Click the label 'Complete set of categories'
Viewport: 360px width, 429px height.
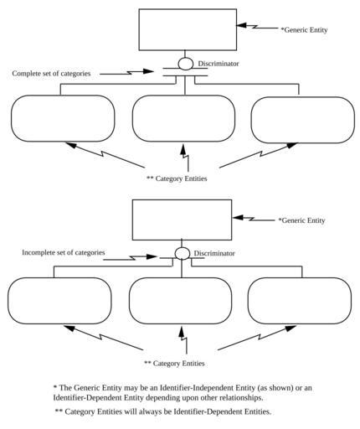pos(51,74)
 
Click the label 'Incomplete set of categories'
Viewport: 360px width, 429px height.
pos(64,252)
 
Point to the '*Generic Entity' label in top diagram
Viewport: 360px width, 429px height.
pos(304,30)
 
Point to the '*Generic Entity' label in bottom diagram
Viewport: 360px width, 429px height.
pos(301,220)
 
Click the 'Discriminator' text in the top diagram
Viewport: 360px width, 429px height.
pos(219,64)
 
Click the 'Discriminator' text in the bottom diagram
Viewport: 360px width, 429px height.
pos(214,253)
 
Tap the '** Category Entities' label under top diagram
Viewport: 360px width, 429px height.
pos(177,178)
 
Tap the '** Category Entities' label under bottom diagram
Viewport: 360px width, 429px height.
pos(174,364)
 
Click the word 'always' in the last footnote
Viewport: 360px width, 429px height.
pos(157,411)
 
